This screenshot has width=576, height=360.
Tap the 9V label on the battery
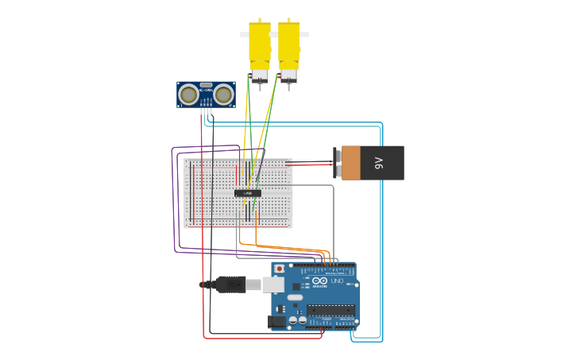(x=378, y=163)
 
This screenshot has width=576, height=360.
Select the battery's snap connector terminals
(x=338, y=163)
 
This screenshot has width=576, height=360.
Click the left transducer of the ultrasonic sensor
(x=188, y=95)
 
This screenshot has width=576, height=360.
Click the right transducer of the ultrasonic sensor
(x=223, y=95)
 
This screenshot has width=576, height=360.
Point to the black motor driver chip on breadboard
(x=247, y=193)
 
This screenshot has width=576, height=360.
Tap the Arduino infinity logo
(x=319, y=281)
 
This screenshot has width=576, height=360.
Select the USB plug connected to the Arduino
(x=230, y=284)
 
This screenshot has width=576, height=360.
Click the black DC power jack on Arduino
(x=276, y=321)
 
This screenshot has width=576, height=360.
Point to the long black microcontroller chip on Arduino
(x=331, y=309)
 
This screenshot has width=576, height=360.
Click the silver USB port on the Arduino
(x=274, y=284)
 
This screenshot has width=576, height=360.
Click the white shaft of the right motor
(x=304, y=35)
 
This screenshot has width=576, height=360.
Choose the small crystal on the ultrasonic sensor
(x=206, y=85)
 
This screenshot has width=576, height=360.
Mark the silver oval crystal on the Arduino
(x=295, y=297)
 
